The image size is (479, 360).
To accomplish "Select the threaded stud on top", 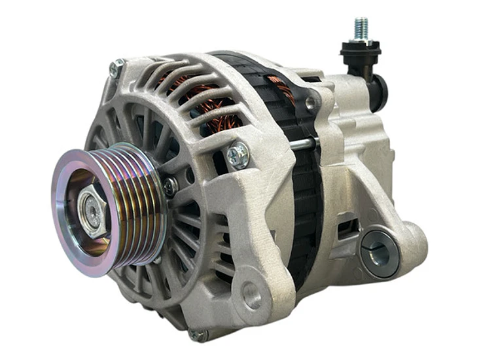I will click(360, 28).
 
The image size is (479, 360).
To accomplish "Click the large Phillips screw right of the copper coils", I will click(238, 154).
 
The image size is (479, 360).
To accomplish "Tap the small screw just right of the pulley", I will click(170, 187).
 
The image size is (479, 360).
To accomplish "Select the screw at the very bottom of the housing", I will click(196, 334).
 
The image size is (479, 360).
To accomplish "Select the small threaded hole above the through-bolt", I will click(310, 103).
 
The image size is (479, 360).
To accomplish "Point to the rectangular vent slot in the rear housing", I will click(347, 226).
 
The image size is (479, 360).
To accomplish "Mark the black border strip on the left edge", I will click(15, 180).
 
